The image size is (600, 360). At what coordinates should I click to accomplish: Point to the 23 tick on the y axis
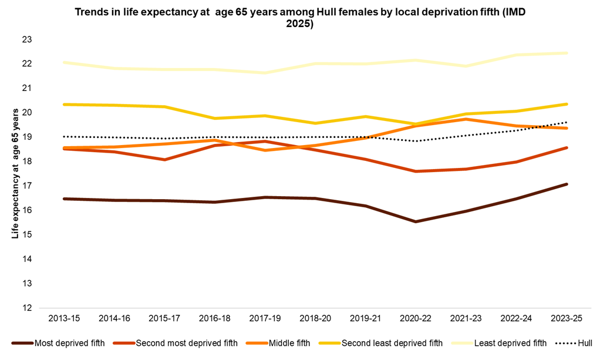tap(27, 39)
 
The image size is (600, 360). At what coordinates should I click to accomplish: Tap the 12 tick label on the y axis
tap(27, 308)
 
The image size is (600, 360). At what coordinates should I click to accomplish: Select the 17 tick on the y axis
tap(27, 186)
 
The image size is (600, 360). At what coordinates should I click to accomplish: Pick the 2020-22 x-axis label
tap(416, 318)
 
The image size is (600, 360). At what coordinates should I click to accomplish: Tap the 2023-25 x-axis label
tap(567, 318)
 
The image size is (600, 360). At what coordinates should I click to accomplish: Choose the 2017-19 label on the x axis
tap(265, 318)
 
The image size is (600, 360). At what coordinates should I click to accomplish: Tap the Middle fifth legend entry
tap(286, 343)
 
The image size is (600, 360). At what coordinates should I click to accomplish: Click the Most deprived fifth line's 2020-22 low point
tap(416, 221)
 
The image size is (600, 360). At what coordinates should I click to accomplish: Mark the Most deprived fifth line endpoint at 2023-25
tap(567, 184)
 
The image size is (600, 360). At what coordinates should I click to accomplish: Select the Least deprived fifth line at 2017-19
tap(265, 73)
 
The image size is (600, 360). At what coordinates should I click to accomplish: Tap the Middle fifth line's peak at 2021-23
tap(466, 119)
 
